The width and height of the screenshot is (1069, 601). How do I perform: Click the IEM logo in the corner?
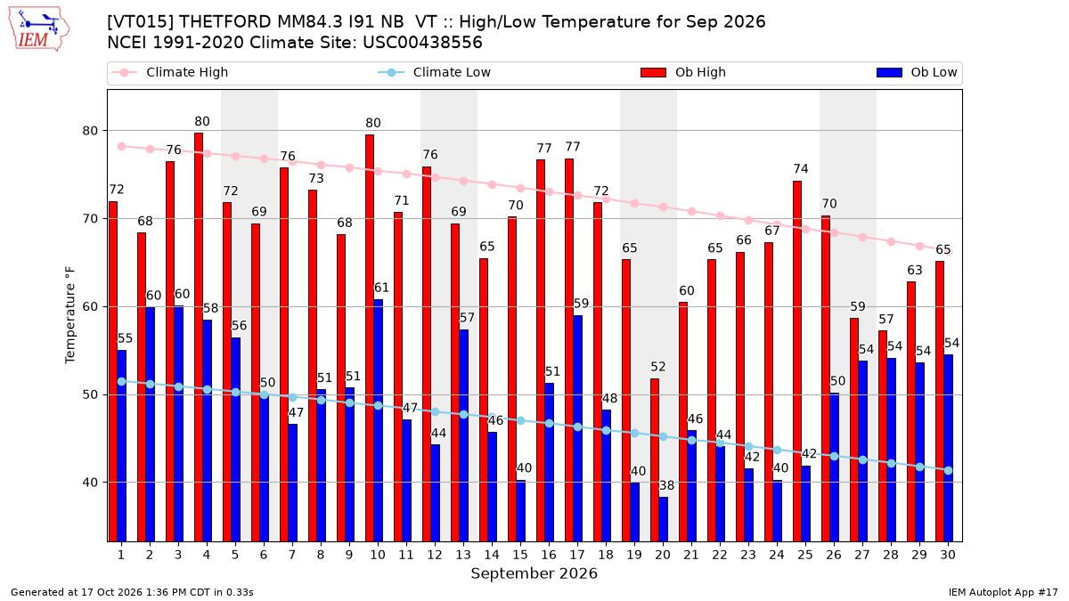click(x=39, y=29)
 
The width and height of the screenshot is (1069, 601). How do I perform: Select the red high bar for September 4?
click(x=199, y=337)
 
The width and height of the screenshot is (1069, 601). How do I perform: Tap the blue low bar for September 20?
click(x=664, y=519)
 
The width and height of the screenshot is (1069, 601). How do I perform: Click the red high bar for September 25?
click(x=797, y=361)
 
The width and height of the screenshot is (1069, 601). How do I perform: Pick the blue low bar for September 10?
click(x=378, y=420)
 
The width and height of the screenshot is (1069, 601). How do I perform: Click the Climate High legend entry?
click(x=170, y=72)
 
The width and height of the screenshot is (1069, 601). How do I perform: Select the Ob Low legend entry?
click(x=917, y=72)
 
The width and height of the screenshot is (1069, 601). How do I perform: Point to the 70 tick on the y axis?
click(x=90, y=219)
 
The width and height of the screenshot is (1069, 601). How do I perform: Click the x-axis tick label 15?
click(x=520, y=555)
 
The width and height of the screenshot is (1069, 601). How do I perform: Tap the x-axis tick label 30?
click(x=948, y=555)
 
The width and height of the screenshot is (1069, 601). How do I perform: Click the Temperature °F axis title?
click(x=70, y=315)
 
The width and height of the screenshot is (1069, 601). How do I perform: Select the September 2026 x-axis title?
click(x=534, y=573)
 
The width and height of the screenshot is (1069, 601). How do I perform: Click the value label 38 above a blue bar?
click(x=666, y=485)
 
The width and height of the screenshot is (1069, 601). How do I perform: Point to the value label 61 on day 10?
click(x=381, y=288)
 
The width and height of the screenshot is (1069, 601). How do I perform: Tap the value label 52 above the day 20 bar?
click(x=658, y=367)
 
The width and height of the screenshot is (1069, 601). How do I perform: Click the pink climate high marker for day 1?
click(x=122, y=146)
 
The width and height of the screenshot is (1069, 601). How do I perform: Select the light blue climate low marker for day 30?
click(x=948, y=470)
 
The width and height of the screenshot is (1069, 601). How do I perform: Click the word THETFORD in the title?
click(x=224, y=22)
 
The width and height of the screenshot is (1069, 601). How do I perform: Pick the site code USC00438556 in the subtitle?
click(x=423, y=43)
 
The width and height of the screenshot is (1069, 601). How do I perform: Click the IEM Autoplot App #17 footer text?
click(x=1003, y=592)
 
